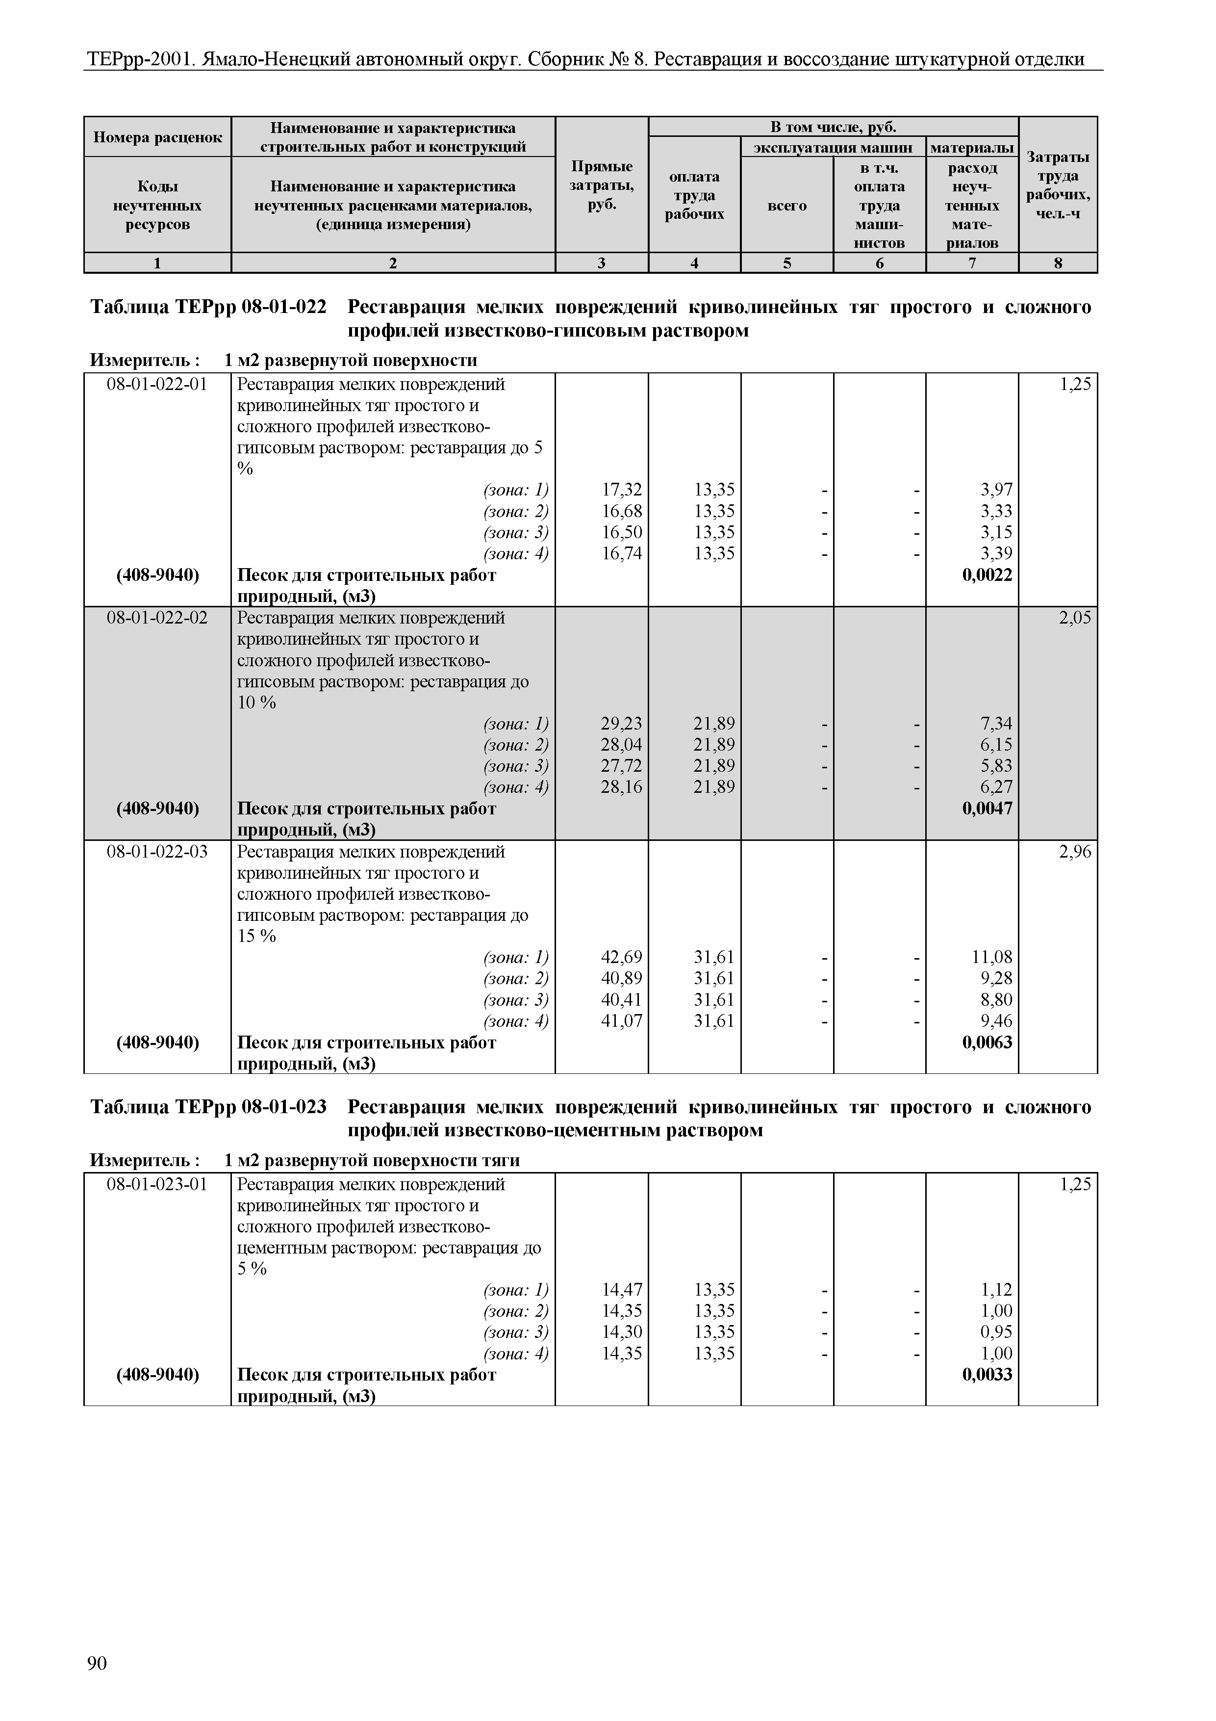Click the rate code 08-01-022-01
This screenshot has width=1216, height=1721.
click(x=157, y=385)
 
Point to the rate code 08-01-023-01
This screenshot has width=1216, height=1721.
click(x=157, y=1185)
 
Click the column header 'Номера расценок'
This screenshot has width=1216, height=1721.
click(x=157, y=137)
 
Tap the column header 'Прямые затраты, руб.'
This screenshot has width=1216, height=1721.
click(x=602, y=185)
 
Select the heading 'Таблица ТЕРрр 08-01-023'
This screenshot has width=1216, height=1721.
click(x=208, y=1108)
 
